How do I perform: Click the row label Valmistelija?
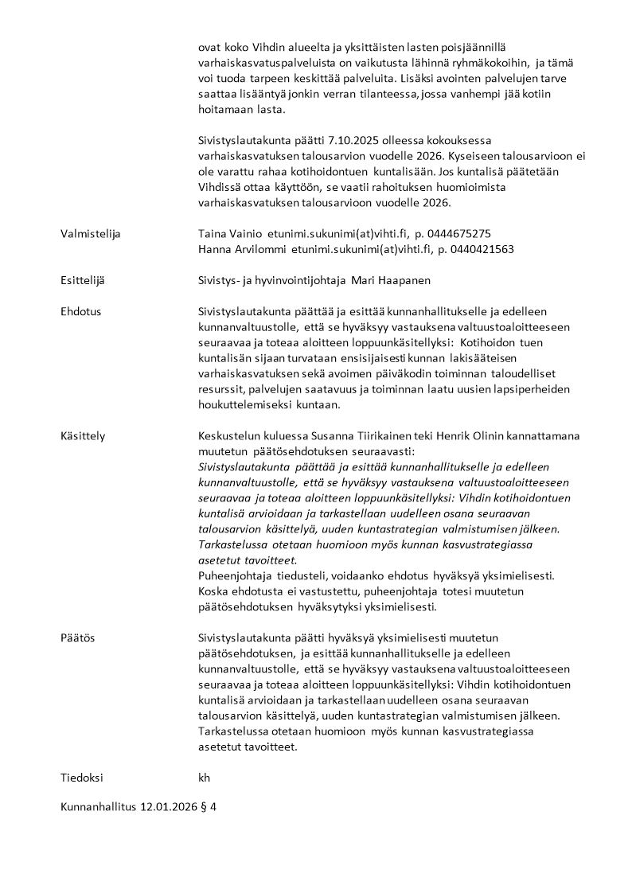click(91, 234)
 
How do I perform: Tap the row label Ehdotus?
click(80, 311)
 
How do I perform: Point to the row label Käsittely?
click(83, 436)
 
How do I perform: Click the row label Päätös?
click(78, 638)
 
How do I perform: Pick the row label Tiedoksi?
click(82, 778)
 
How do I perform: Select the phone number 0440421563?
click(481, 249)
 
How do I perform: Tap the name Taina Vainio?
click(230, 234)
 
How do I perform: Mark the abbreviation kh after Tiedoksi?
click(204, 778)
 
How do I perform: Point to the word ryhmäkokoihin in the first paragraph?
click(473, 63)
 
